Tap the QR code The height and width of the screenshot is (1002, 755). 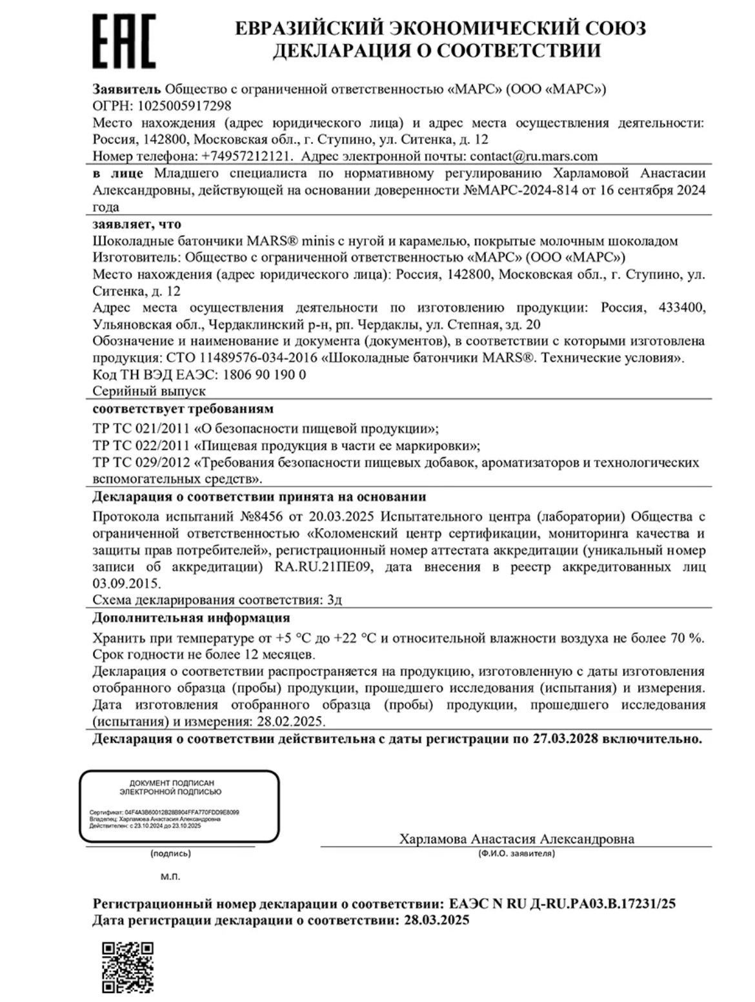tap(128, 966)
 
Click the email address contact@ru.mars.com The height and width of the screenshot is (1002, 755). tap(534, 156)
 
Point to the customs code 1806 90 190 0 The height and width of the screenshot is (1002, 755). tap(264, 374)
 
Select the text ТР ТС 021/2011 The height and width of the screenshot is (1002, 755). tap(141, 429)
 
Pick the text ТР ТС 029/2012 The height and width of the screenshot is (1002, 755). tap(141, 462)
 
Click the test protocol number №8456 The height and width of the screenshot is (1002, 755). tap(263, 516)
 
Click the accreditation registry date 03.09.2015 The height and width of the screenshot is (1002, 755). tap(126, 584)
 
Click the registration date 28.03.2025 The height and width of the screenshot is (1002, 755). tap(436, 920)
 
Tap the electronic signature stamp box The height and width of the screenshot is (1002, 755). tap(179, 806)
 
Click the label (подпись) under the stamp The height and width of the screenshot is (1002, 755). tap(170, 854)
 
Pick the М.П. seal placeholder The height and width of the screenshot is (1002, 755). tap(170, 877)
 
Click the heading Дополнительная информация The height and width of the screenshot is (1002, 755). tap(191, 618)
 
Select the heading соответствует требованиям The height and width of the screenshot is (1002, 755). tap(183, 409)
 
